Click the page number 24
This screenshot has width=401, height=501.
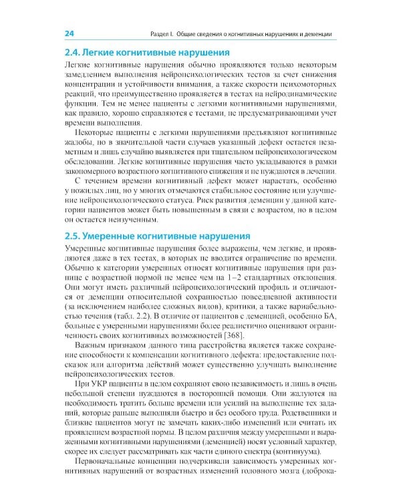coord(68,33)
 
